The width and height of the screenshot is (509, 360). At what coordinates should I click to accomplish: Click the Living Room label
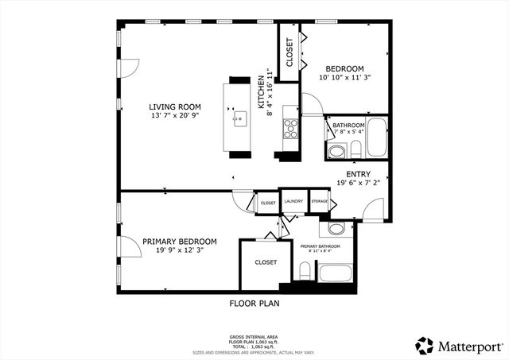click(x=175, y=106)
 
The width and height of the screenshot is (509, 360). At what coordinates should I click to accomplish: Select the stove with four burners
click(x=290, y=127)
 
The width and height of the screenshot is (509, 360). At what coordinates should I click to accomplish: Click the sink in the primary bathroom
click(x=335, y=229)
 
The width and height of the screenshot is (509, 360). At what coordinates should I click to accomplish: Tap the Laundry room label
click(x=293, y=203)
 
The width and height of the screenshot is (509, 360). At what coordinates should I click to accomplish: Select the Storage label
click(x=319, y=203)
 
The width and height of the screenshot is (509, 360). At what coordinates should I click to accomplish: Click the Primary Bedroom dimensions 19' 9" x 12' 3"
click(x=180, y=251)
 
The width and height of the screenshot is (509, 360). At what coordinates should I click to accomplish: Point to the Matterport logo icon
click(x=425, y=345)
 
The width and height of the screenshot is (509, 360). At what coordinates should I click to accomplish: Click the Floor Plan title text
click(x=254, y=303)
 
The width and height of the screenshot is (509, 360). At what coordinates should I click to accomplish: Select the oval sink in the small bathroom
click(x=336, y=150)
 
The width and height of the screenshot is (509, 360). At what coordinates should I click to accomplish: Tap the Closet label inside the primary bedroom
click(x=266, y=261)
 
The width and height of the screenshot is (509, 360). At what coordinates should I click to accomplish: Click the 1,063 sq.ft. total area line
click(x=254, y=347)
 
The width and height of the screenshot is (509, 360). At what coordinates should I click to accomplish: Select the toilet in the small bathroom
click(x=356, y=148)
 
